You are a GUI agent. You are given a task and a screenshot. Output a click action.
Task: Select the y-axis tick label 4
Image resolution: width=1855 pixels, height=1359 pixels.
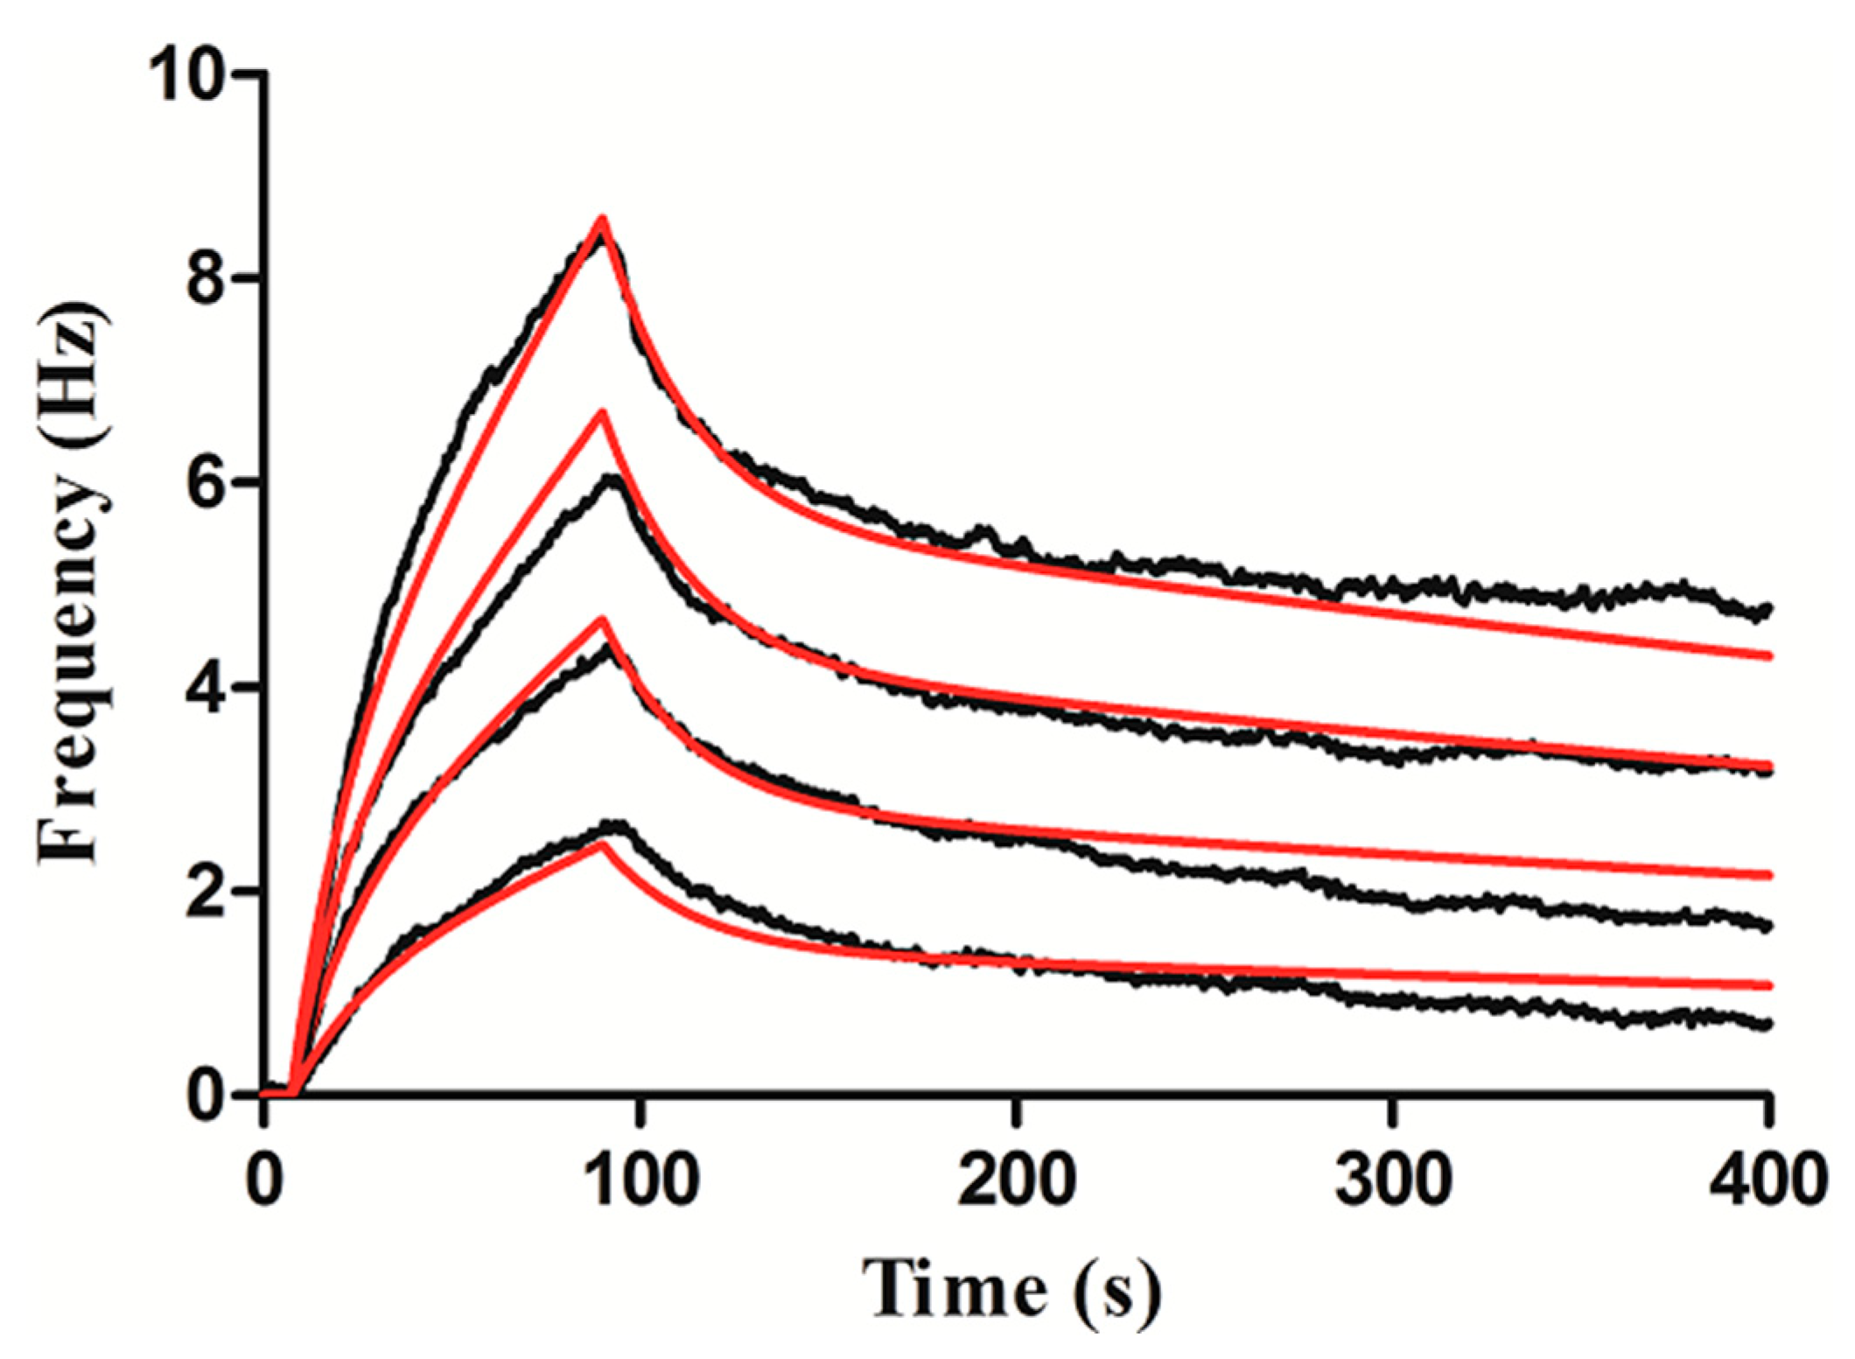tap(206, 687)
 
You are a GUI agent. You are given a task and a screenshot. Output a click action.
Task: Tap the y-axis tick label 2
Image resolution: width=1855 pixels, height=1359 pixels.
tap(206, 891)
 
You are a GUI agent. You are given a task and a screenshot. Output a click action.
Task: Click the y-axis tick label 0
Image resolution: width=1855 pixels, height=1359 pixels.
tap(206, 1095)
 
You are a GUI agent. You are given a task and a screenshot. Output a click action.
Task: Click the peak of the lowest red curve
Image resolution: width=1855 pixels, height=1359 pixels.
tap(602, 844)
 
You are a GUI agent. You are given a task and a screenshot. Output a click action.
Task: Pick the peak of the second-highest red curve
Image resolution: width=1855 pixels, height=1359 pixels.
tap(602, 412)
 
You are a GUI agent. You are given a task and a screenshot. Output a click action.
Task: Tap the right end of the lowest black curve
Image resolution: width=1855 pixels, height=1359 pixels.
tap(1767, 1023)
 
